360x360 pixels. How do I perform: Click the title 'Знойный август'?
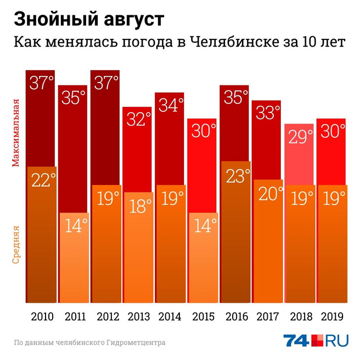click(88, 19)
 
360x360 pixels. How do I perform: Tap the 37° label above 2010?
click(42, 83)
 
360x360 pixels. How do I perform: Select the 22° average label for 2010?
click(42, 180)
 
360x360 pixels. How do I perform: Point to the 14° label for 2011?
click(74, 226)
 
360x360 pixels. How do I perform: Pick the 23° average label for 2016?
click(236, 175)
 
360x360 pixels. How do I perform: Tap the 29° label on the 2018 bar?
click(300, 137)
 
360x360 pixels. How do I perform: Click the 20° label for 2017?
click(268, 193)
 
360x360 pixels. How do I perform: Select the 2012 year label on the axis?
click(106, 317)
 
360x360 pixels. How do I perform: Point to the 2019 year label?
click(332, 317)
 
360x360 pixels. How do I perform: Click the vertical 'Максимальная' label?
click(16, 132)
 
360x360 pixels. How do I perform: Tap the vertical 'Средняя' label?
click(16, 244)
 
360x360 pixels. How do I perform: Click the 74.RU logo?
click(316, 341)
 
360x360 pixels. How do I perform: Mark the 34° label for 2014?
click(171, 105)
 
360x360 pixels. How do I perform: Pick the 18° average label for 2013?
click(139, 206)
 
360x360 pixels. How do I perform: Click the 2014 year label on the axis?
click(171, 317)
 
